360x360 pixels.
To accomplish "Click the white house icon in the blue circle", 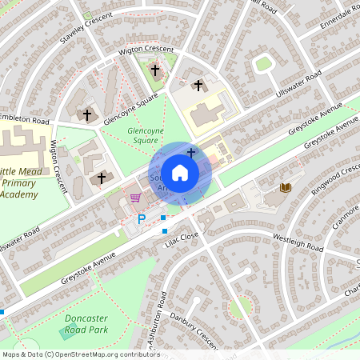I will [x=180, y=173].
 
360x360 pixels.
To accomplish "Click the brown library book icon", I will [x=285, y=187].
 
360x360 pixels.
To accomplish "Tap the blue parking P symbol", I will [x=142, y=218].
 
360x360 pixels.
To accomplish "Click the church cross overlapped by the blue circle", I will [x=190, y=151].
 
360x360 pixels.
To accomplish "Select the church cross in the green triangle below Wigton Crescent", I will [x=154, y=71].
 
